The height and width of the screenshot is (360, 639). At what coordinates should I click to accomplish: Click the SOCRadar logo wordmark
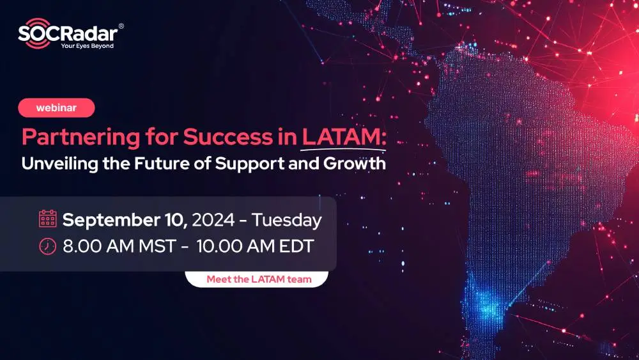click(67, 33)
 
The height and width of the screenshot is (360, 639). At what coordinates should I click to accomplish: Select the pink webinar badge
click(56, 108)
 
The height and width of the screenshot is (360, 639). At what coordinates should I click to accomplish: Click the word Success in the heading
click(241, 137)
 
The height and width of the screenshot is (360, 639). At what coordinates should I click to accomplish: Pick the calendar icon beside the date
click(48, 219)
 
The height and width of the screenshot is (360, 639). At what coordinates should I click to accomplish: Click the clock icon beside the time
click(48, 246)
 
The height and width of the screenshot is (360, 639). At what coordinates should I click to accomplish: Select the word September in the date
click(109, 221)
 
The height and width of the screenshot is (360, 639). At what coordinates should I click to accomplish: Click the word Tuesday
click(286, 221)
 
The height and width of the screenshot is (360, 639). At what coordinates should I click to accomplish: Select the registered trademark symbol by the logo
click(121, 26)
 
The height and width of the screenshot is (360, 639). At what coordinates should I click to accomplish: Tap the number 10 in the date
click(174, 221)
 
